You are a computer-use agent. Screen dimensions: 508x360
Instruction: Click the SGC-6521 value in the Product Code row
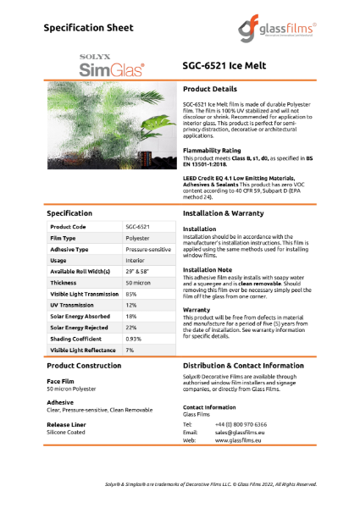click(137, 227)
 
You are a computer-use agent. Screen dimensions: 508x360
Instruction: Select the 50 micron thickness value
click(138, 282)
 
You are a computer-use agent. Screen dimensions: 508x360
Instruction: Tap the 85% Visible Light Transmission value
click(132, 294)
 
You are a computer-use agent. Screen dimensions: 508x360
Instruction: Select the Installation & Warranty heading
click(229, 214)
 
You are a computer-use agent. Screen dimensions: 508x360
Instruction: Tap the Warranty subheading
click(197, 309)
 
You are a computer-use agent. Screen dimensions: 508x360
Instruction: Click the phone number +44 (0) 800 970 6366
click(241, 423)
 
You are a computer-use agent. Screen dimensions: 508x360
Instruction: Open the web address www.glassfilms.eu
click(240, 440)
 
